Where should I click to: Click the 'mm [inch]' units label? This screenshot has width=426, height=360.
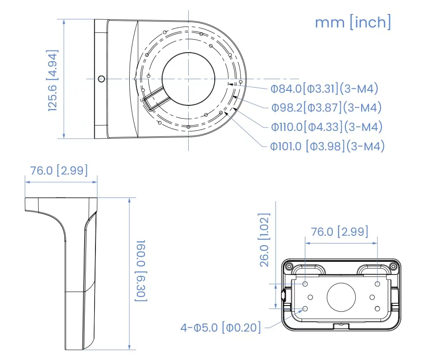353,22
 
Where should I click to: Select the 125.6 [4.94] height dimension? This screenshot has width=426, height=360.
54,80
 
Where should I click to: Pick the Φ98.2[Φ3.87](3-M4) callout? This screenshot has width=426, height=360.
326,108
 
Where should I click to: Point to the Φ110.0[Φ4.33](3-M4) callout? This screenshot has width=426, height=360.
326,127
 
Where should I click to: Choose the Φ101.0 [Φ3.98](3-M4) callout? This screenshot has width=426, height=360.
327,146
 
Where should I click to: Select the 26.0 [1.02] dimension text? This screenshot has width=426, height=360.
265,239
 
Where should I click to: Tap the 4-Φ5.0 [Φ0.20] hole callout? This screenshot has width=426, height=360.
221,327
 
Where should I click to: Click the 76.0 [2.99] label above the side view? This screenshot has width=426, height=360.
59,171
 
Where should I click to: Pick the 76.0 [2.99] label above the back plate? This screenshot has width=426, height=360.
340,232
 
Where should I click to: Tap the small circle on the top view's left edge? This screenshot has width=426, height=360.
101,79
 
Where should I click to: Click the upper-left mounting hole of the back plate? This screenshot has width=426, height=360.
306,284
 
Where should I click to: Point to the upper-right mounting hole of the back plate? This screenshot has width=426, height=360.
377,284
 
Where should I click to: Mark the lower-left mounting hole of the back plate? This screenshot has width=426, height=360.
306,309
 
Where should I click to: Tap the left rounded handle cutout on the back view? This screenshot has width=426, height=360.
308,269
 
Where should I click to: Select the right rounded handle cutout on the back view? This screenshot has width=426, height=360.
373,269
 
